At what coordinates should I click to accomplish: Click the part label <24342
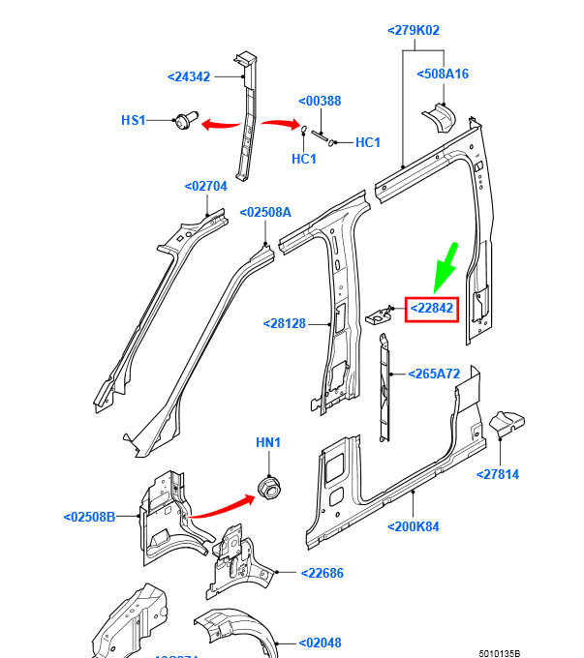[x=190, y=75]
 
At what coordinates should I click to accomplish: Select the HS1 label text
[x=134, y=120]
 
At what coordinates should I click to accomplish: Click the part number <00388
[x=319, y=101]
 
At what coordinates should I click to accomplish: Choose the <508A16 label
[x=443, y=74]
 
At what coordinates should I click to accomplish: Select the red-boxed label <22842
[x=431, y=309]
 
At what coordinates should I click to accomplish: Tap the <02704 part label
[x=205, y=186]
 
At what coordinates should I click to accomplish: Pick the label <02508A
[x=265, y=212]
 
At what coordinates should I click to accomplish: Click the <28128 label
[x=285, y=323]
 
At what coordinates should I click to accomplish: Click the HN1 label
[x=267, y=442]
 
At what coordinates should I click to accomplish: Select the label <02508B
[x=89, y=517]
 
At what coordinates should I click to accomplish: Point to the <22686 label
[x=322, y=573]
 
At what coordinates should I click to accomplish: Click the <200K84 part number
[x=414, y=526]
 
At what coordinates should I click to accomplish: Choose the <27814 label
[x=498, y=473]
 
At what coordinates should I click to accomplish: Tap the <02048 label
[x=319, y=642]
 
